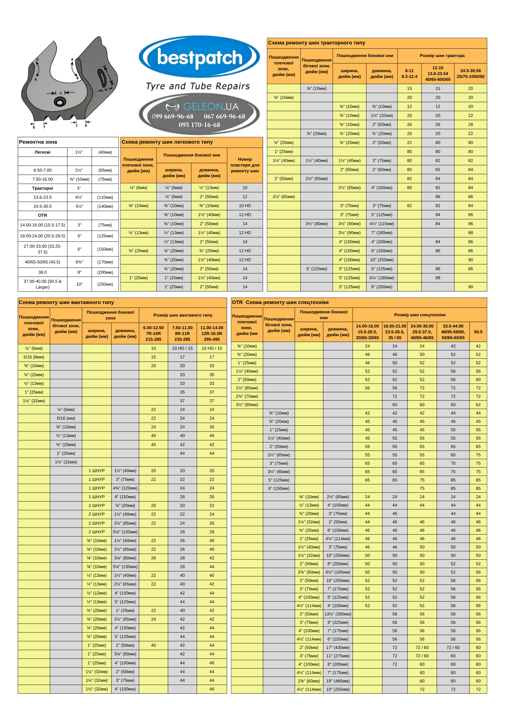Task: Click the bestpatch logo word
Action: click(x=200, y=58)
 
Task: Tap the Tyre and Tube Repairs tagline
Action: click(x=198, y=86)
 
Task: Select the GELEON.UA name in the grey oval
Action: click(x=211, y=107)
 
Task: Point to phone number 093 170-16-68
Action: click(x=199, y=125)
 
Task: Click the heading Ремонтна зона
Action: click(x=38, y=142)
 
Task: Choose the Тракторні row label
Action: click(x=43, y=188)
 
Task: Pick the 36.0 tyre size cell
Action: click(x=43, y=272)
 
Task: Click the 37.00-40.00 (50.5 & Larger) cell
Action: click(x=43, y=284)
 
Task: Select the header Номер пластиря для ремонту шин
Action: click(x=245, y=165)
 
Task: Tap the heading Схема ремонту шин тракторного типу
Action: click(x=317, y=43)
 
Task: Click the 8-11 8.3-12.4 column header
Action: click(x=409, y=74)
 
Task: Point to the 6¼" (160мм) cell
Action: click(x=382, y=278)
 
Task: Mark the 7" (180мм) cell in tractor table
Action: click(x=382, y=233)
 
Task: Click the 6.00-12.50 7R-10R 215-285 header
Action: click(x=153, y=333)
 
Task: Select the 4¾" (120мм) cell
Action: click(x=125, y=488)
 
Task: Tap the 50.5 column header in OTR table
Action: click(x=478, y=332)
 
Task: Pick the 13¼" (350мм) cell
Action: click(x=338, y=614)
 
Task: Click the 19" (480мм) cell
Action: click(x=338, y=681)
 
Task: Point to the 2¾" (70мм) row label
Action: click(x=247, y=396)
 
